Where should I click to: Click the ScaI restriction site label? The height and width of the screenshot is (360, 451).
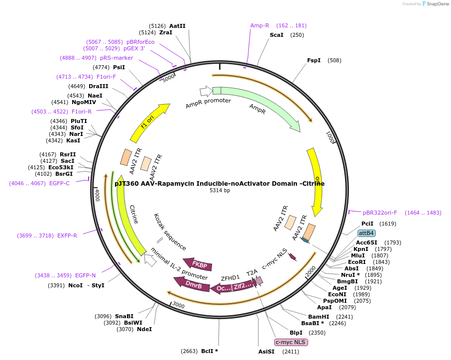click(276, 35)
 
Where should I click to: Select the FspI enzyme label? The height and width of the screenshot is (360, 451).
click(314, 60)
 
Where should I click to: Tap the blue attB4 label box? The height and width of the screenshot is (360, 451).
click(367, 233)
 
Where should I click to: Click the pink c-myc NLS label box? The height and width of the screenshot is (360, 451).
click(291, 342)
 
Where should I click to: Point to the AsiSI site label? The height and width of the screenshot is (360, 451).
click(266, 352)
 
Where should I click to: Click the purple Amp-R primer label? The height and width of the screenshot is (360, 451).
click(259, 25)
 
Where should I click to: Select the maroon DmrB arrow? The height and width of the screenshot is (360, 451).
click(192, 285)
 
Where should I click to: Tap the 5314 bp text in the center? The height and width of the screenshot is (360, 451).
click(220, 190)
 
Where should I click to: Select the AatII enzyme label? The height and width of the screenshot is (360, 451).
click(177, 26)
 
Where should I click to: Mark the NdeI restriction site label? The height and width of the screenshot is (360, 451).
click(144, 329)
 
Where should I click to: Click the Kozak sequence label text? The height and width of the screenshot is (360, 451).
click(170, 232)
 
